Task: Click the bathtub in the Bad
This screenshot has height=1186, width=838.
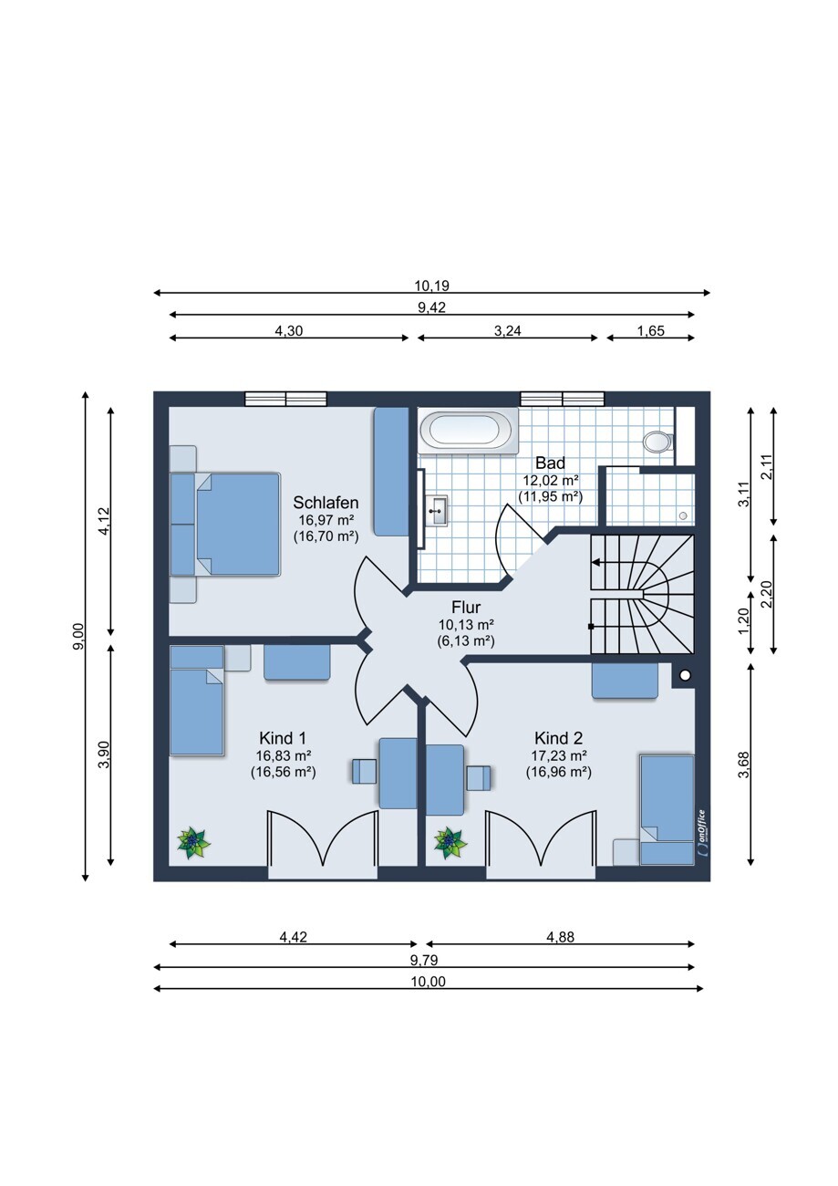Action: (x=468, y=431)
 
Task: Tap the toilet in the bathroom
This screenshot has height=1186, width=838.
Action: (x=657, y=442)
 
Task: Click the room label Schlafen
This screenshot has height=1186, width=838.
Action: (x=326, y=502)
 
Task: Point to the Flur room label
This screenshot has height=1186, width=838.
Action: (x=466, y=607)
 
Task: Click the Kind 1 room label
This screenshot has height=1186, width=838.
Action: (x=283, y=738)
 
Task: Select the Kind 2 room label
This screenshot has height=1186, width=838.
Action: (x=559, y=738)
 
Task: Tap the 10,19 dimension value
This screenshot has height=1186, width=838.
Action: (x=431, y=286)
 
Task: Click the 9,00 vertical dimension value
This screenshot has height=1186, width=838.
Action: (x=78, y=637)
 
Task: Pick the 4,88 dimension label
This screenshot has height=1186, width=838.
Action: (x=560, y=937)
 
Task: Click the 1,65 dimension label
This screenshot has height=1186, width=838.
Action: (x=650, y=331)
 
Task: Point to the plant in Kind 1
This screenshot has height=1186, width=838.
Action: (x=193, y=844)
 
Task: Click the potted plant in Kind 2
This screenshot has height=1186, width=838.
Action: (x=450, y=844)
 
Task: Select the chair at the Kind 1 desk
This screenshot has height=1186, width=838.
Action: (x=365, y=771)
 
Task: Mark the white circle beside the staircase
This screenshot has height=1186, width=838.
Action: (x=685, y=675)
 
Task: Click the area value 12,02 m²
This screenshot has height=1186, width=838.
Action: (x=550, y=481)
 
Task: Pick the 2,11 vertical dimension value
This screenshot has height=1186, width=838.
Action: (x=768, y=467)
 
